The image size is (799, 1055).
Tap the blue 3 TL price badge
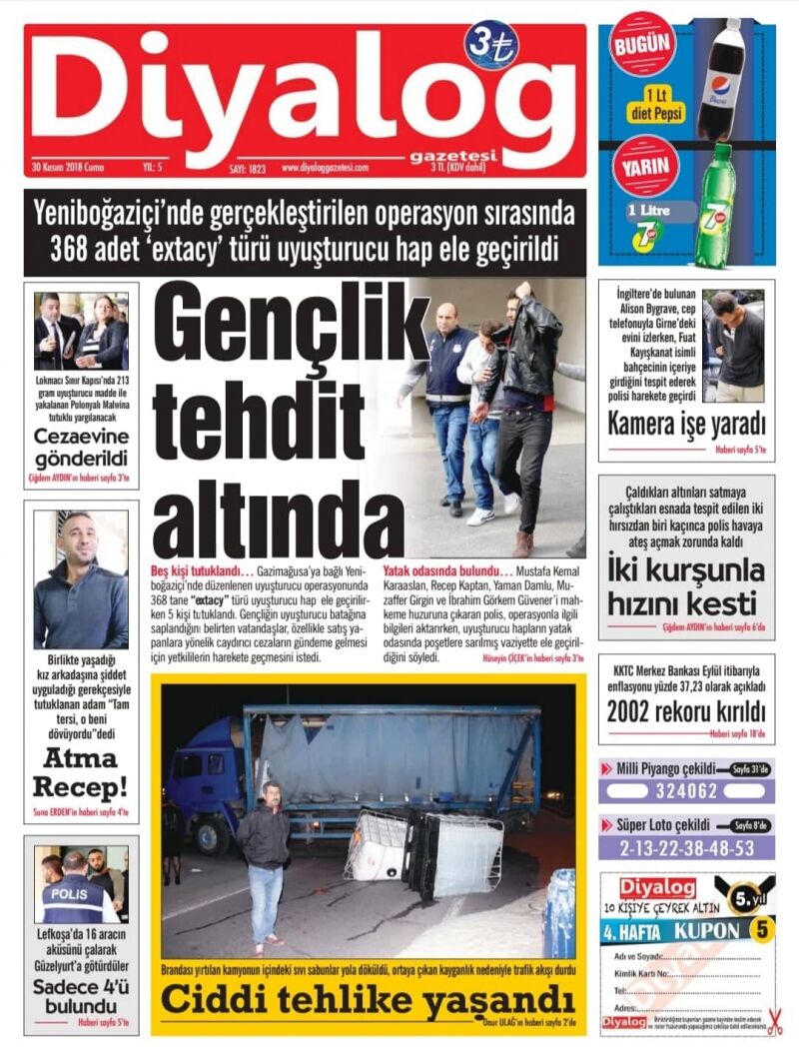click(490, 46)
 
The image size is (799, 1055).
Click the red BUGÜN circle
click(642, 44)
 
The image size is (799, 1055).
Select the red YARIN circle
click(642, 167)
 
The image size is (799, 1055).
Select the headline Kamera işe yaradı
click(686, 424)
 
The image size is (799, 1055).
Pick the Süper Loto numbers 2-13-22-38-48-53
click(686, 848)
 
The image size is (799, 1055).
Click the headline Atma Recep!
click(81, 771)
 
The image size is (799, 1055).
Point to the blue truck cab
click(204, 774)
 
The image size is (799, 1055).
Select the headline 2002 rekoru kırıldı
click(686, 711)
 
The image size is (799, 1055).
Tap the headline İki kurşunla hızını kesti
click(686, 587)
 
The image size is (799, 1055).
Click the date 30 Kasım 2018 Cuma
click(68, 166)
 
